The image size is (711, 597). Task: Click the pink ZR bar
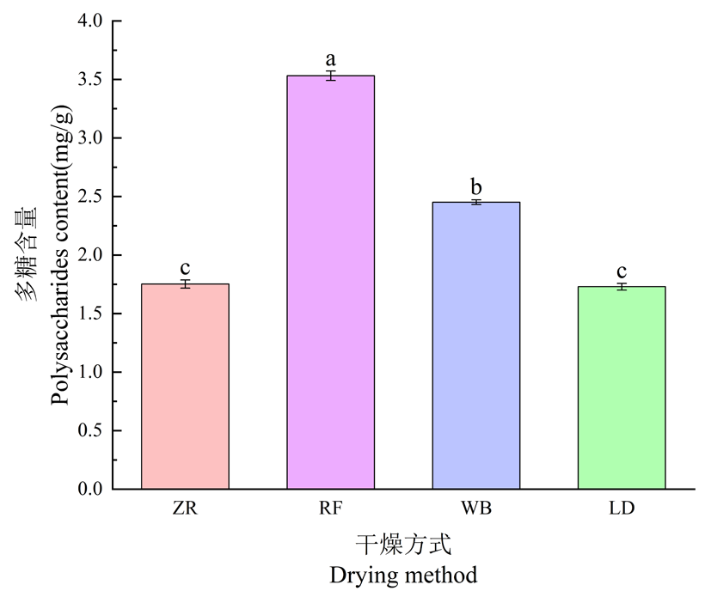(x=185, y=387)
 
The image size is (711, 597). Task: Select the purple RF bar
(x=330, y=283)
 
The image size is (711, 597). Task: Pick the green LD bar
(x=621, y=387)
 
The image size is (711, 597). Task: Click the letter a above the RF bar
(x=330, y=59)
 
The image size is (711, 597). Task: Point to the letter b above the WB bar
(x=475, y=186)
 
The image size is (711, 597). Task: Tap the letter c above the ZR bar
(x=185, y=267)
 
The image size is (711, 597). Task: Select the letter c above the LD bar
(x=621, y=271)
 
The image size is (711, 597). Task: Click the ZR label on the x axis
(x=185, y=509)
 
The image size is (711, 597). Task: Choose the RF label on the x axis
(x=330, y=509)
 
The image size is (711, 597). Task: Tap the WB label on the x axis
(x=475, y=509)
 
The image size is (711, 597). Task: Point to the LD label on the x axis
(x=621, y=509)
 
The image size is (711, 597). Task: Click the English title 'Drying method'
(x=403, y=575)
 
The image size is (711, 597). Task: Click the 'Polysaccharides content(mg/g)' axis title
(x=61, y=255)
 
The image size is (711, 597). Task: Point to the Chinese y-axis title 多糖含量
(x=28, y=255)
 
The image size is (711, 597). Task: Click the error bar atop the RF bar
(x=330, y=76)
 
